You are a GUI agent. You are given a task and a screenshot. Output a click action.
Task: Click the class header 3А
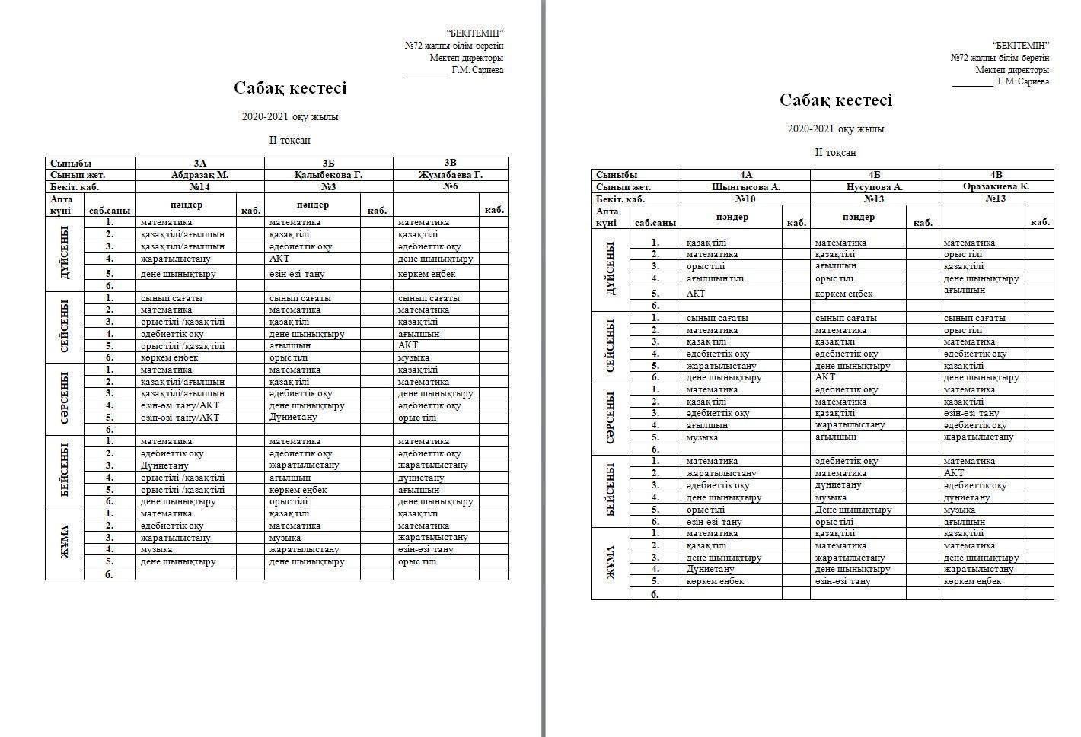click(199, 163)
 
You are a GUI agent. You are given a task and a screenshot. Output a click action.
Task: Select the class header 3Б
click(328, 163)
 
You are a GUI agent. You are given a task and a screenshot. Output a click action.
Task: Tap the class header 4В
click(996, 175)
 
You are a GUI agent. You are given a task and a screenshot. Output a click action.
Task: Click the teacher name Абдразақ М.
click(199, 175)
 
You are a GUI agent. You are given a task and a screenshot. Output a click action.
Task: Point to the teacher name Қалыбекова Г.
click(328, 175)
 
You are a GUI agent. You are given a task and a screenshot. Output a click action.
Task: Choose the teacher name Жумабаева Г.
click(450, 175)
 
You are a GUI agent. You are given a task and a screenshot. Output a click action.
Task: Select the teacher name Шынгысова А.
click(745, 187)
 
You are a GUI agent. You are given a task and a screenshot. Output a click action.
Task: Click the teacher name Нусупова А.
click(874, 187)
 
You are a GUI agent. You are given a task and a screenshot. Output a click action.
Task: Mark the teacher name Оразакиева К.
click(996, 187)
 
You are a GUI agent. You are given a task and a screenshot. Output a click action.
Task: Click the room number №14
click(199, 187)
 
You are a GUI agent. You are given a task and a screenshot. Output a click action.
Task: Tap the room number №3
click(328, 187)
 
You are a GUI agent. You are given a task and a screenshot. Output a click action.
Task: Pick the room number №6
click(450, 187)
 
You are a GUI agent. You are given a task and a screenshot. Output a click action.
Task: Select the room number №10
click(745, 199)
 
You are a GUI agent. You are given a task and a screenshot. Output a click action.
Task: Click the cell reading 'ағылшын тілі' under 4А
click(715, 278)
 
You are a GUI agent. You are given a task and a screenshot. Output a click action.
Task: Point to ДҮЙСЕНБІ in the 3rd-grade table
click(64, 253)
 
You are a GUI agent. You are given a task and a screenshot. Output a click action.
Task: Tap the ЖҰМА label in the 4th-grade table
click(610, 563)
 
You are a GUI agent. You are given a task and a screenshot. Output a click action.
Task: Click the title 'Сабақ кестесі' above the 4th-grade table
click(836, 100)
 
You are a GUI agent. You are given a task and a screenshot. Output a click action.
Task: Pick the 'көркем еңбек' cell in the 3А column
click(169, 357)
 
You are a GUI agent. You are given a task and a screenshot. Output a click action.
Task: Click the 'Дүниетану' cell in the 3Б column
click(293, 418)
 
